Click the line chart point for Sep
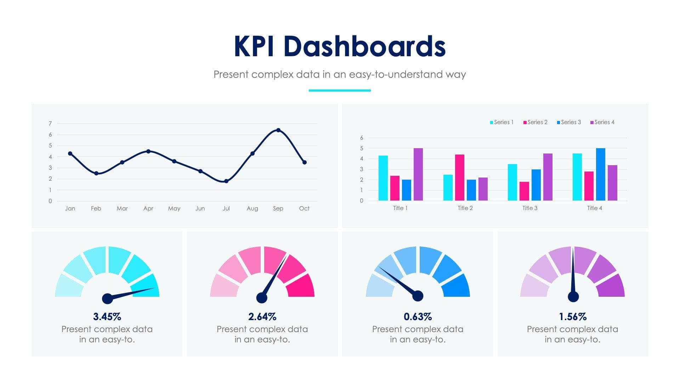278,130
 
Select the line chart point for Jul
226,181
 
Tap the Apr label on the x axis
148,208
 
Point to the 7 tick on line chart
50,123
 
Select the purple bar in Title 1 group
418,174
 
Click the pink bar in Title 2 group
459,178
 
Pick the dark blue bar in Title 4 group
600,174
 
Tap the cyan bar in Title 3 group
512,182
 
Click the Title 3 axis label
530,208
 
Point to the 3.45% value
107,317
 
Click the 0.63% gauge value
418,317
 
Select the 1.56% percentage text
573,317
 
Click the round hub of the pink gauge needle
262,298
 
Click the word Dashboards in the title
364,46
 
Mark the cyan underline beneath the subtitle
339,91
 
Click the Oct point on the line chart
304,162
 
